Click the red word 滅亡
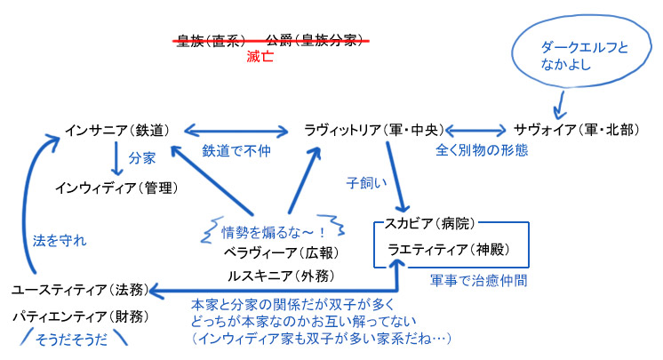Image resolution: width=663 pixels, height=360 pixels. [260, 55]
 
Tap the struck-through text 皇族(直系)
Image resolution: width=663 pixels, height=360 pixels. [211, 40]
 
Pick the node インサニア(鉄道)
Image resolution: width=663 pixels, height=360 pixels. [116, 130]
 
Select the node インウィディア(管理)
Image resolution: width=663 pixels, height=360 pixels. [116, 188]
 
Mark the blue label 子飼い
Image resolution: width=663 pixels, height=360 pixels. [366, 184]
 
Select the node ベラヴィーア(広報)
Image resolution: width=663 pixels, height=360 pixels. [276, 252]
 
